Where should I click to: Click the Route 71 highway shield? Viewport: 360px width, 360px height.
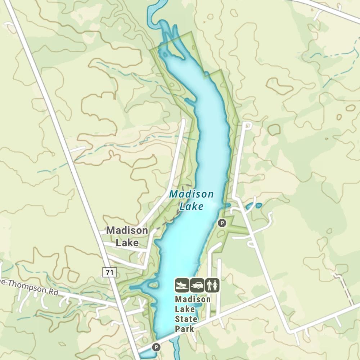click(109, 273)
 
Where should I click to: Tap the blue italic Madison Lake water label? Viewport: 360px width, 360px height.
click(191, 200)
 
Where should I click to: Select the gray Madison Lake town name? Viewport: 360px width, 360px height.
click(127, 237)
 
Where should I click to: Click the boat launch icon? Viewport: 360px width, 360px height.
click(182, 285)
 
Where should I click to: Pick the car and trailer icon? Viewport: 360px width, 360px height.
click(197, 285)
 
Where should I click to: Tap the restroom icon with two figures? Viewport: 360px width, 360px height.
click(212, 285)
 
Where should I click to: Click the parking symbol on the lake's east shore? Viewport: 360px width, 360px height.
click(222, 223)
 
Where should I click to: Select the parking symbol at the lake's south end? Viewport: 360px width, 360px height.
click(156, 347)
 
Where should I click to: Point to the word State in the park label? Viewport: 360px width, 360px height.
click(186, 319)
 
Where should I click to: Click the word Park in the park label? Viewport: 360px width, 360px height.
click(184, 329)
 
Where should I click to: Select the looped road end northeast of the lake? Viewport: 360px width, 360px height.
click(247, 125)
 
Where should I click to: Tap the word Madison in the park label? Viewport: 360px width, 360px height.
click(193, 300)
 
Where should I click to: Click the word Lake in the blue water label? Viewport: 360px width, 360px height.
click(191, 206)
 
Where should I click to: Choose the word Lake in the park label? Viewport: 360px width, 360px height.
click(185, 309)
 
